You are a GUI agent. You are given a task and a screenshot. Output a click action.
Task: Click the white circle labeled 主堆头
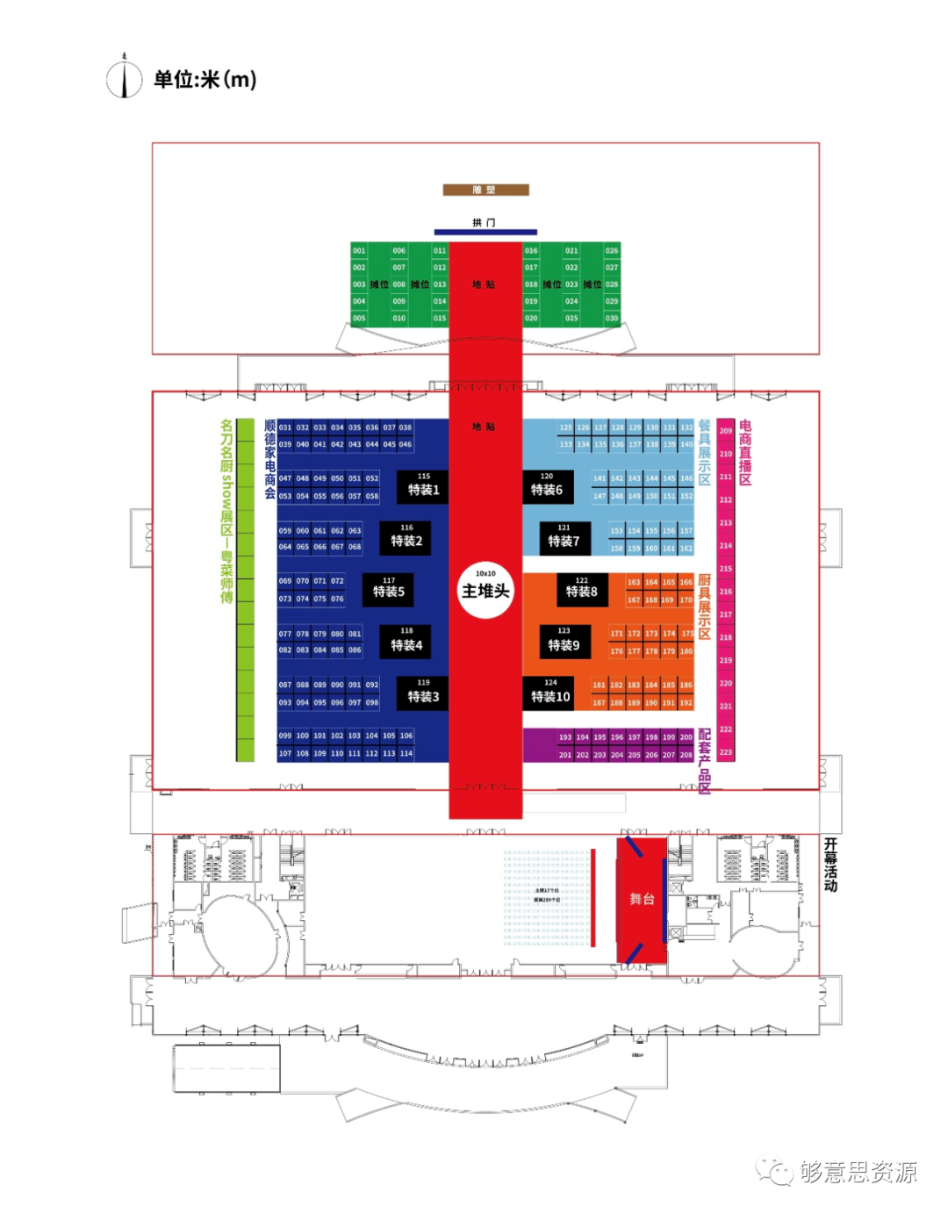485,591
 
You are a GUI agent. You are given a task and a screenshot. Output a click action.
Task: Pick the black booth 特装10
550,693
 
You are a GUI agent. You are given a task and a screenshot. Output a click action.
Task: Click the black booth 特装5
389,589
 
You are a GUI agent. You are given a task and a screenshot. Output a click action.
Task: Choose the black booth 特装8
581,589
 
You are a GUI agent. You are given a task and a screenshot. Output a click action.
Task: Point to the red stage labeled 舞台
642,899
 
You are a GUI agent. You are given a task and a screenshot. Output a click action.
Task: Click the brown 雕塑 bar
485,190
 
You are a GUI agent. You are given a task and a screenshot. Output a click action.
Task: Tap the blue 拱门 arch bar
485,232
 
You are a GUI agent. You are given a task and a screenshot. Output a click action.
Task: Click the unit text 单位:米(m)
205,80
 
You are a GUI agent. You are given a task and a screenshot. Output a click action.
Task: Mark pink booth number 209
726,431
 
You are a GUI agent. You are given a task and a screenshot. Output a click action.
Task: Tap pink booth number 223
726,752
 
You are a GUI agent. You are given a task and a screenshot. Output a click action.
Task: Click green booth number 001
359,251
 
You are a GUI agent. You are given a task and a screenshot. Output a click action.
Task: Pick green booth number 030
612,319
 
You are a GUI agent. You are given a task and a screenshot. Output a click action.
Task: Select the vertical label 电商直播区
745,452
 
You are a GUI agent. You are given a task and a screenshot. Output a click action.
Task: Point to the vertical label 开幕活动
830,865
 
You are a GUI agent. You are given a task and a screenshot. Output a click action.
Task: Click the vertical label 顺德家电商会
269,459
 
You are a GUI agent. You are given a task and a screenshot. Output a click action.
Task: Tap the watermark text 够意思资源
858,1172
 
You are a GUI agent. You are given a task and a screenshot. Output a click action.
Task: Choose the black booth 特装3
423,693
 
